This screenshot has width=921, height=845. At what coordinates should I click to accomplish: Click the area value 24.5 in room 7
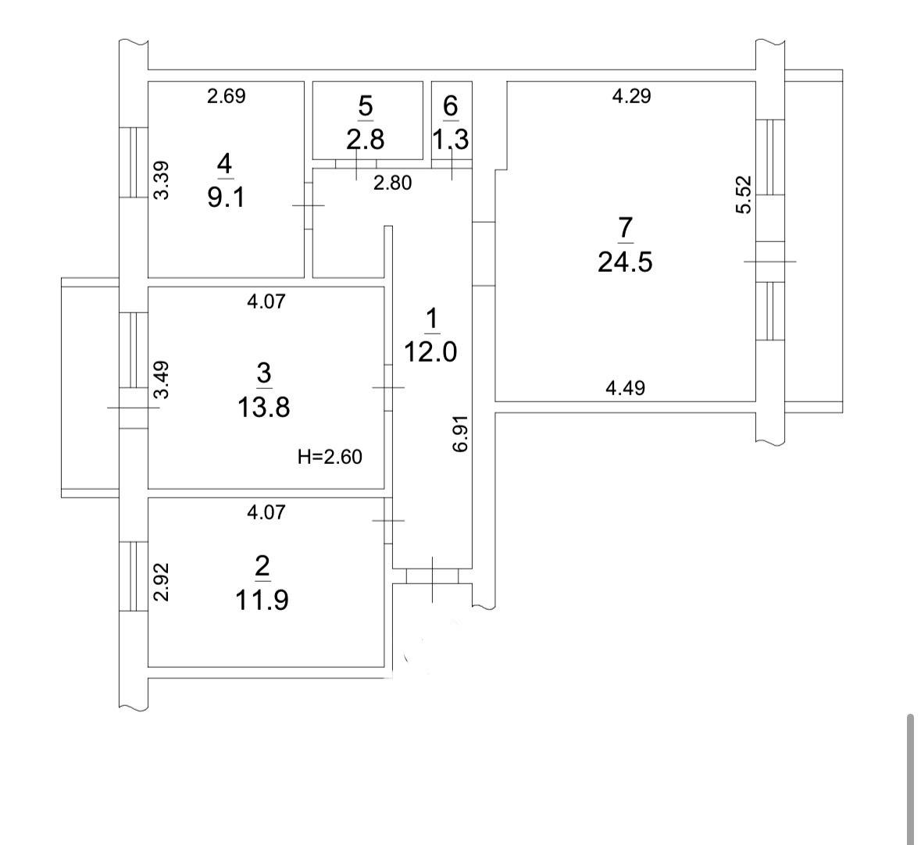click(625, 262)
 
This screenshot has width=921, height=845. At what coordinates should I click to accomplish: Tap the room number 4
click(224, 163)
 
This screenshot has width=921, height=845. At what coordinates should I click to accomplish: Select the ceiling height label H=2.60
click(330, 456)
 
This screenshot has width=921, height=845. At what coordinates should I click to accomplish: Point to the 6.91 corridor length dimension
click(461, 433)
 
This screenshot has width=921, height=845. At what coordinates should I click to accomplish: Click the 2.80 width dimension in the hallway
click(393, 184)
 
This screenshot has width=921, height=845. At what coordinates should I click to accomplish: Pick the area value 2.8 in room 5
click(366, 140)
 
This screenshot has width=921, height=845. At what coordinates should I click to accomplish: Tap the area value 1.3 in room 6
click(451, 140)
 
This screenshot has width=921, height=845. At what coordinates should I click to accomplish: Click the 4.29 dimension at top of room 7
click(631, 96)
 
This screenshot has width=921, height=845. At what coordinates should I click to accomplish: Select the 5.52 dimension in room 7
click(744, 195)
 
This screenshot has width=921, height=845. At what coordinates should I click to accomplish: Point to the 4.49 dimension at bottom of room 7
click(625, 387)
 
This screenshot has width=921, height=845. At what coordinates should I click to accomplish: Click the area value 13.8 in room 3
click(264, 407)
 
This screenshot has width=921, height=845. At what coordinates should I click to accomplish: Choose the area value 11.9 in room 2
click(262, 600)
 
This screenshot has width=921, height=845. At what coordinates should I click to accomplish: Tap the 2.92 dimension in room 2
click(161, 582)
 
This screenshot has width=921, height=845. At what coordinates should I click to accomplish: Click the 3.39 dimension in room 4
click(161, 180)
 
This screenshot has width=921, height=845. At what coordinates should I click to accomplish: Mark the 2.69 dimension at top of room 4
click(226, 96)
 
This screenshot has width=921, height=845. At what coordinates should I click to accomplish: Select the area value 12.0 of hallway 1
click(430, 352)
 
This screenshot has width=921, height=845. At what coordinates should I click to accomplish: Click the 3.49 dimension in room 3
click(161, 380)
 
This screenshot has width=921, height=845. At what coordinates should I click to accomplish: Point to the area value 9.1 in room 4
click(226, 198)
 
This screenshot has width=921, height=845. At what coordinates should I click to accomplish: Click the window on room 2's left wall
click(134, 576)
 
